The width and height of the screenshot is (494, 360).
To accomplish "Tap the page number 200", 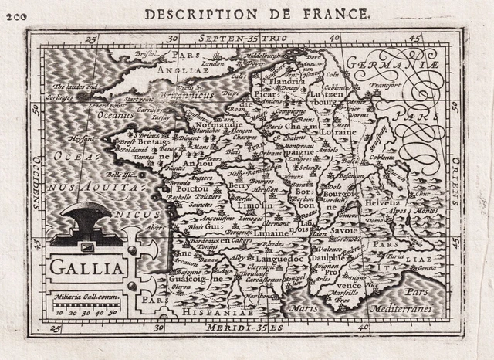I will tap(14, 15).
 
